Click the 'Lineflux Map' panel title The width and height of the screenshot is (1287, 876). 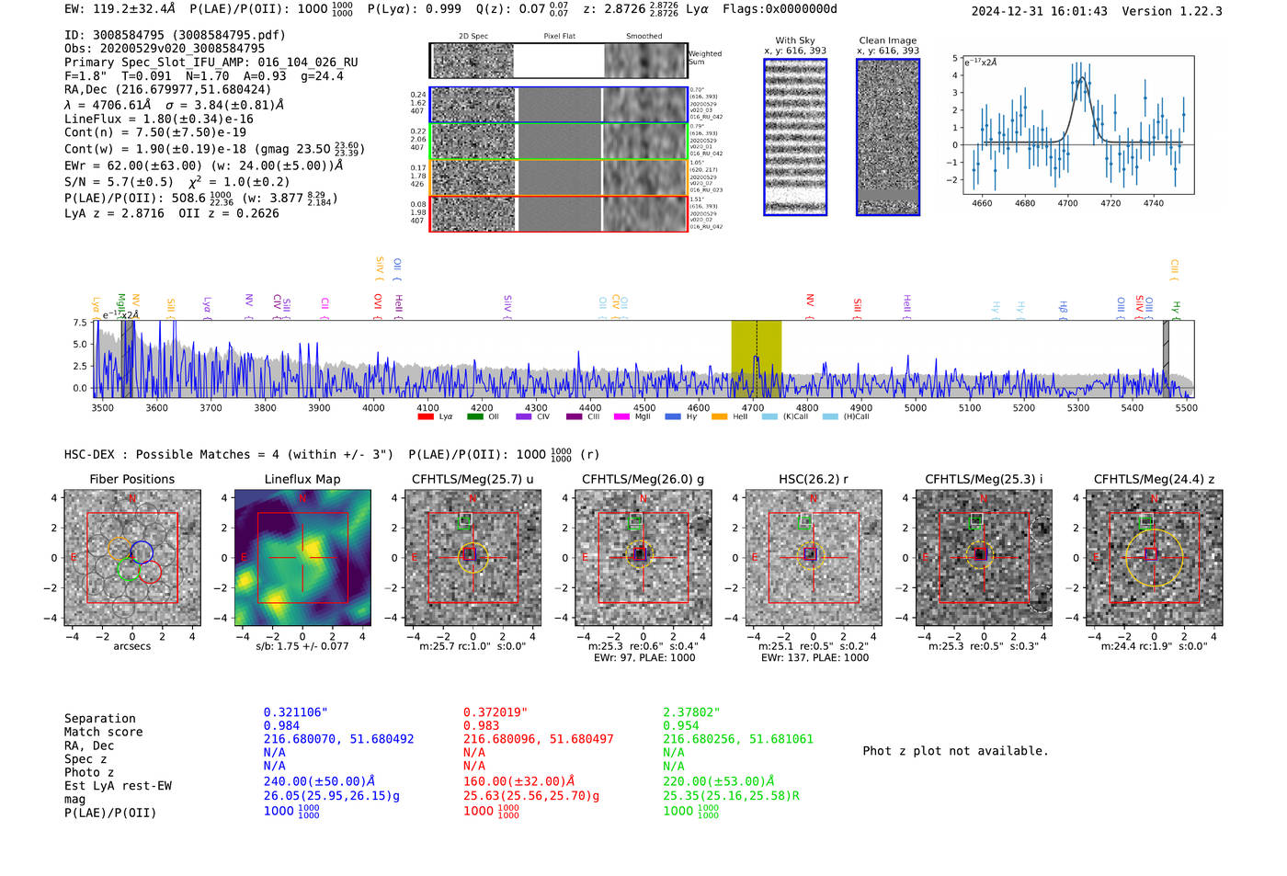point(302,479)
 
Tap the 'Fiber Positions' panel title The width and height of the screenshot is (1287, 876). point(131,479)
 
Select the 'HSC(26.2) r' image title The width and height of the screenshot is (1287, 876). point(813,479)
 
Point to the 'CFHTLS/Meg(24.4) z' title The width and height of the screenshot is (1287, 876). point(1154,479)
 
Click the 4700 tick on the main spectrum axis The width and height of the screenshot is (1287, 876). point(753,407)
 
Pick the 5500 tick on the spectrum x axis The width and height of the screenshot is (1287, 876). point(1186,407)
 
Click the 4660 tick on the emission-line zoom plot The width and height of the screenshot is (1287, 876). point(982,203)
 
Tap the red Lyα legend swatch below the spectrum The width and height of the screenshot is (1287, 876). point(426,417)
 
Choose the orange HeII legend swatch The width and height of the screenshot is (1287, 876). point(719,417)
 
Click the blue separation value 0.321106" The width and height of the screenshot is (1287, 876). point(295,712)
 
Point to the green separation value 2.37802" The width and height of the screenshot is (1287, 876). point(691,712)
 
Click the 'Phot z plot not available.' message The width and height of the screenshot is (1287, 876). point(955,751)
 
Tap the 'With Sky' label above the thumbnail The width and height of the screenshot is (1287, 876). point(795,40)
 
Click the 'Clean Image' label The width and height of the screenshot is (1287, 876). point(887,40)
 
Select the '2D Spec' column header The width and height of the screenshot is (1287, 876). point(473,37)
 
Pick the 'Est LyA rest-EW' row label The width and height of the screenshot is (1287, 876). point(118,786)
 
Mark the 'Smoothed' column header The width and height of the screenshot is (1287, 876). point(643,37)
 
